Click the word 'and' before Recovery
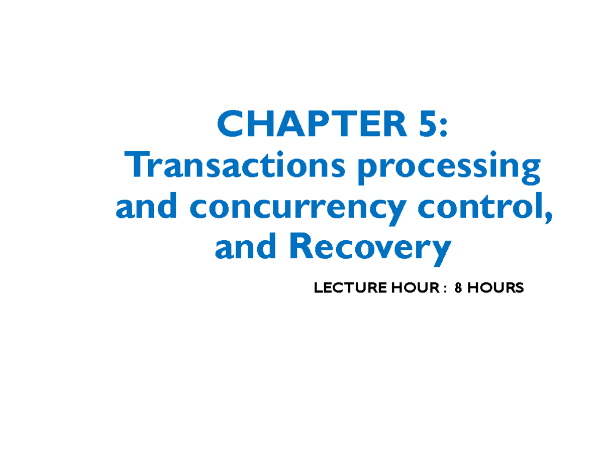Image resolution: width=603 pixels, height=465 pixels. tap(245, 248)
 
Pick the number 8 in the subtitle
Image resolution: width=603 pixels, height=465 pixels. tap(458, 288)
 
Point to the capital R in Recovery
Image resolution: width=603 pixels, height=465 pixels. tap(299, 247)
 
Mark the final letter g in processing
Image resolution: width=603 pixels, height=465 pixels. tap(530, 171)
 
